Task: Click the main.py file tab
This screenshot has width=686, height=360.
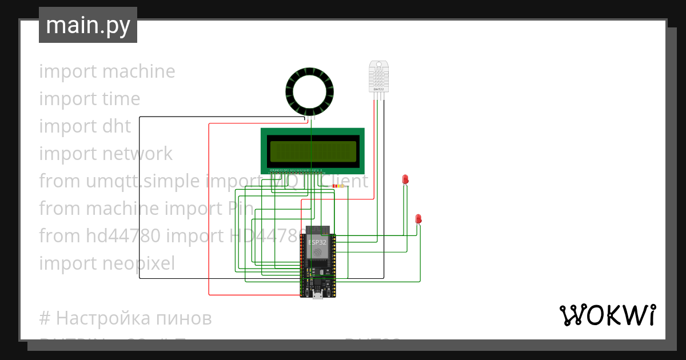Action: (x=87, y=25)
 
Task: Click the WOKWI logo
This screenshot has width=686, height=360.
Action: (x=607, y=315)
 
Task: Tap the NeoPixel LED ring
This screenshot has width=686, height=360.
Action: (x=310, y=90)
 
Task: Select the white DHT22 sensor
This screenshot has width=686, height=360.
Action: (x=378, y=76)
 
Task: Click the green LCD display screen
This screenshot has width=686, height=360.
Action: (x=313, y=151)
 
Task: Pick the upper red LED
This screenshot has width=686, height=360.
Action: (x=405, y=179)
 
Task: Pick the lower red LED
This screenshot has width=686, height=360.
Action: (x=418, y=219)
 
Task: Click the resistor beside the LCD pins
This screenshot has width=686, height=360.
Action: (x=338, y=186)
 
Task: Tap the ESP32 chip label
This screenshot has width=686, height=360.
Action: (x=318, y=242)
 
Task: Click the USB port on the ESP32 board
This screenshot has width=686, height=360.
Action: (x=318, y=294)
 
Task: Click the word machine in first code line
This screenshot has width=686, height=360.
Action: (x=139, y=71)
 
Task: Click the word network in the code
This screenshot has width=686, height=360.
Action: (x=137, y=154)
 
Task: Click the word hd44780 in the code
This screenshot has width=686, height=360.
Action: (x=123, y=236)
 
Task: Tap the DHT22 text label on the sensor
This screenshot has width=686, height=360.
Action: (x=378, y=89)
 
